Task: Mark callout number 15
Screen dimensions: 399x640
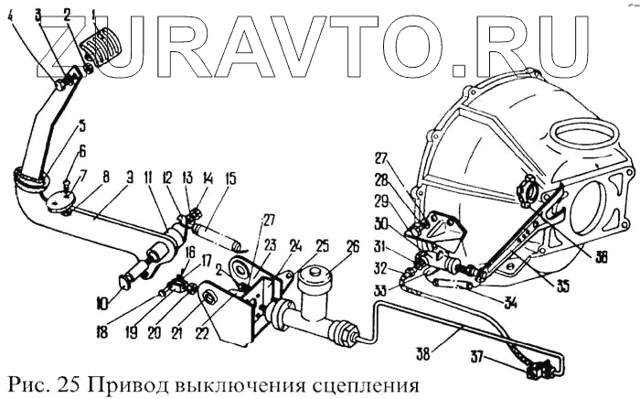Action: click(x=229, y=178)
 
